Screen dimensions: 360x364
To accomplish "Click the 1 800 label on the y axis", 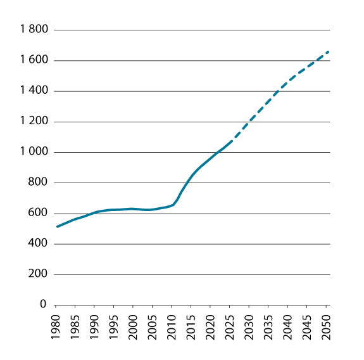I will tap(35, 30).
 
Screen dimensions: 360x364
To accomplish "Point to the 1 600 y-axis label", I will tap(35, 60).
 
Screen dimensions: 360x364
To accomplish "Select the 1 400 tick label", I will tap(35, 91).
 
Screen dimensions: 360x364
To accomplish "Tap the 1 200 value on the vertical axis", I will tap(35, 122).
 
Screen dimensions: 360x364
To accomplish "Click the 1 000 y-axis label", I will tap(35, 152).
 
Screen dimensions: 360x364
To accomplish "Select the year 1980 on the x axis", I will tap(57, 323).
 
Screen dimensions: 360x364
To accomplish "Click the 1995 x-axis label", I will tap(115, 323).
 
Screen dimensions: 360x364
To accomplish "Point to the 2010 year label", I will tap(173, 323).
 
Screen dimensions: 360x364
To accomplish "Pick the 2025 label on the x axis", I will tap(230, 323).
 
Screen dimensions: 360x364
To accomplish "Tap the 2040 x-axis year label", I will tap(289, 323).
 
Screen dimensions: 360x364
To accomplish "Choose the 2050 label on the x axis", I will tap(327, 323).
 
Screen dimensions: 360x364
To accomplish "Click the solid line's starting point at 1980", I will tap(57, 226).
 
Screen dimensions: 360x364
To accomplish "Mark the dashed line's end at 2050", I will tap(328, 52).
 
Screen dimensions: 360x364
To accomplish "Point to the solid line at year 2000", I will tap(134, 209).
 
